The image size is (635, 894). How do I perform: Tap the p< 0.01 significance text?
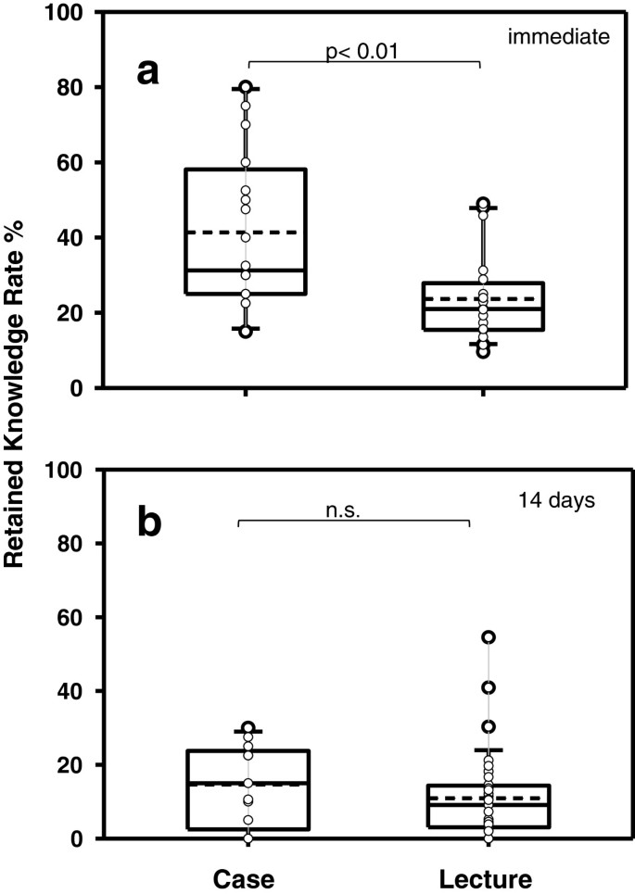(362, 51)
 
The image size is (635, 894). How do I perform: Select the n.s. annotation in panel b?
(353, 509)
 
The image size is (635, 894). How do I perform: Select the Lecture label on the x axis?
(483, 876)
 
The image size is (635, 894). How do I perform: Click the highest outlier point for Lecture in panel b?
(488, 637)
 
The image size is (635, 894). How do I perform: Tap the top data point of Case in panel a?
(246, 87)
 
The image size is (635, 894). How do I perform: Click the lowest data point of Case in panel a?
(246, 332)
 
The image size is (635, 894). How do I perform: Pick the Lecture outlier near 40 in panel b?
(488, 687)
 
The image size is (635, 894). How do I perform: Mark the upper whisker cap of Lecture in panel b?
(488, 749)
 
